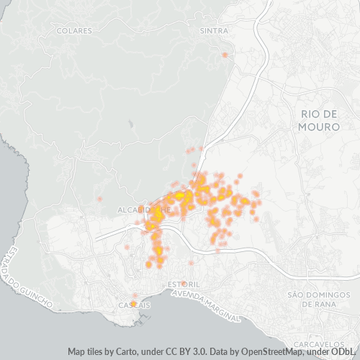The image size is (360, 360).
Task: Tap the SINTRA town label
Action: [213, 31]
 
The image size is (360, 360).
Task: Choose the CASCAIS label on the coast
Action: [135, 305]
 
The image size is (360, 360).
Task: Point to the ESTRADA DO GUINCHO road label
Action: [28, 277]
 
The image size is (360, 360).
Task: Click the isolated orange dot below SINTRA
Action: [225, 55]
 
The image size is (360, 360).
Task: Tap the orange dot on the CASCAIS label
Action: [134, 304]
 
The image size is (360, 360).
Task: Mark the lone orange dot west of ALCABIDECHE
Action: [100, 198]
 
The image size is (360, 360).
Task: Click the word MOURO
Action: [318, 126]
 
